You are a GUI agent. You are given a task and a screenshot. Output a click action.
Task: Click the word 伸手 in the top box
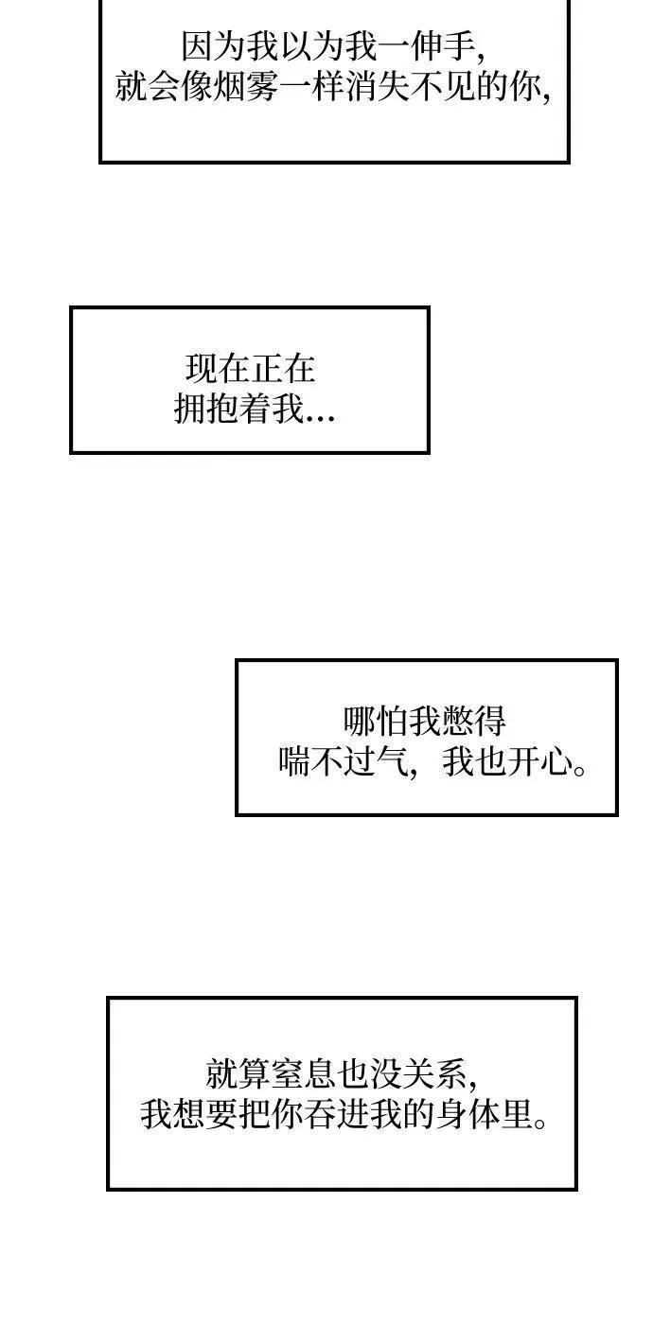coord(445,46)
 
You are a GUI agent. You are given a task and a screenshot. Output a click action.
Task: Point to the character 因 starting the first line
coord(198,46)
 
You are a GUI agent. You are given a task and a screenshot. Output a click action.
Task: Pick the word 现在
coord(218,369)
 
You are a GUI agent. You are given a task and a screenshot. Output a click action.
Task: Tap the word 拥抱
coord(206,410)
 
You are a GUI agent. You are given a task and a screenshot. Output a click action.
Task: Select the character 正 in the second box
coord(267,369)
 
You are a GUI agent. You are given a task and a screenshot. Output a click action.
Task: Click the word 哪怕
coord(376,722)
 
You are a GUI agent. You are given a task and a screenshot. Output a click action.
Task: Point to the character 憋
coord(457,722)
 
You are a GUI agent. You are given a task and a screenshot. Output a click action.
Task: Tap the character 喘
coord(294,762)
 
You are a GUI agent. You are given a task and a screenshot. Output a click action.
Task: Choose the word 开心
coord(540,762)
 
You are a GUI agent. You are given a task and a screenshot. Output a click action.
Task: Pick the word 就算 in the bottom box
coord(238,1073)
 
